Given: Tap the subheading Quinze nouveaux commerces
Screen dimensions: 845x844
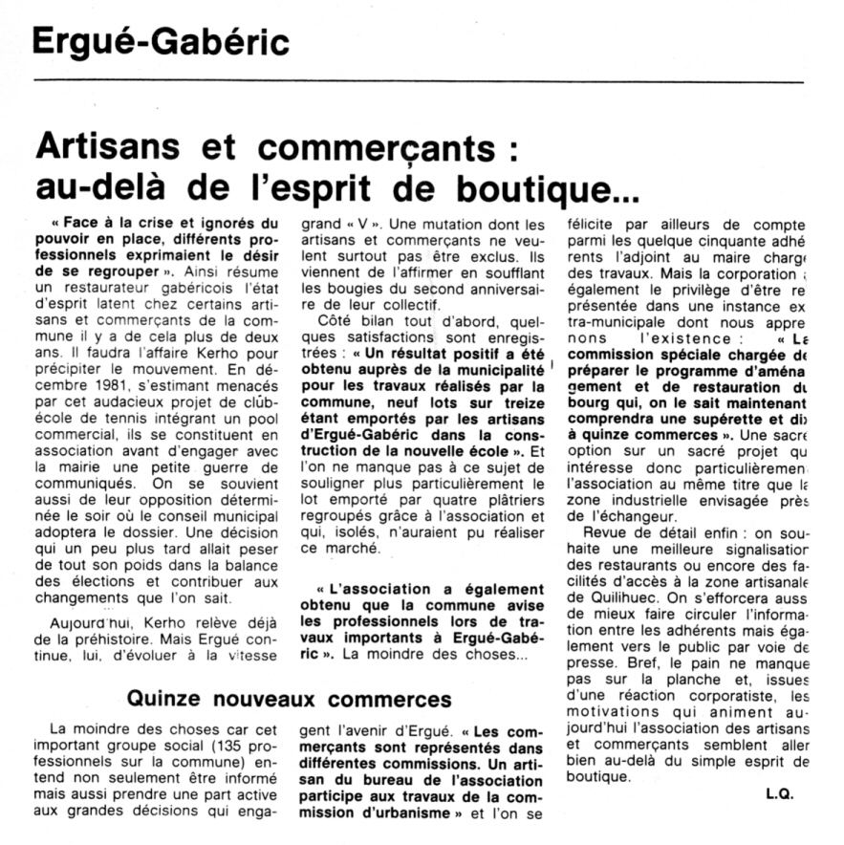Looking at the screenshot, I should (x=289, y=700).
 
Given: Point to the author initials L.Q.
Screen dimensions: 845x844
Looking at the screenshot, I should (x=779, y=793).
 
